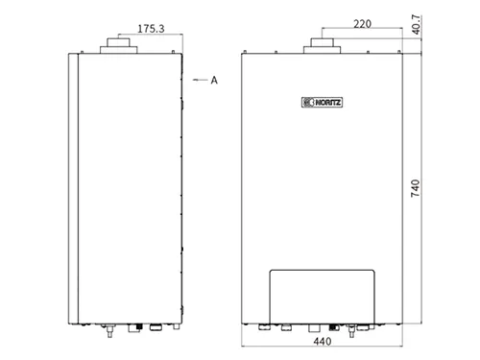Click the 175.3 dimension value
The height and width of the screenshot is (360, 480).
pos(151,29)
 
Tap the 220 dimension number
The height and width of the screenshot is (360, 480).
pos(362,24)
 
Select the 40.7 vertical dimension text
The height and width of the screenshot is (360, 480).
pos(416,25)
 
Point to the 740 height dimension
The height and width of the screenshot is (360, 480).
pos(415,188)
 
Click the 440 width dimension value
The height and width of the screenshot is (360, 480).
pos(323,342)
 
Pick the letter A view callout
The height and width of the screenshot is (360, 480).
pos(214,80)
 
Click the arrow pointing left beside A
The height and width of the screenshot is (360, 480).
pos(200,80)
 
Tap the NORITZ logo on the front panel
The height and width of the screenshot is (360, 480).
pos(322,103)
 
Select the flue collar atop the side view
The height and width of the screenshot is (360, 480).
pos(119,46)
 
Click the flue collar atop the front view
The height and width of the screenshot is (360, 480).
pos(322,46)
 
